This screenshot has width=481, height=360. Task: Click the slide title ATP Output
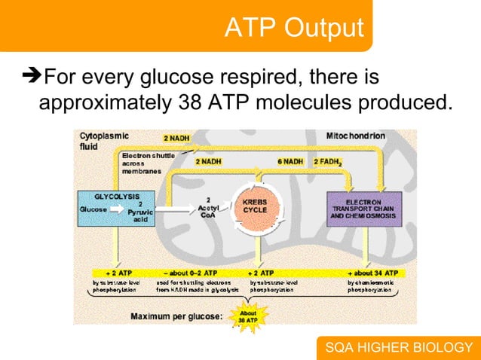point(293,28)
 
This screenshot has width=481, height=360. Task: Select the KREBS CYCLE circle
point(259,205)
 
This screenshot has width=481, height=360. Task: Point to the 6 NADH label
point(290,161)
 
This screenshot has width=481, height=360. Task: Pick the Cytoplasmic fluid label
point(105,141)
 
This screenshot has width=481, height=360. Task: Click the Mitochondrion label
point(355,136)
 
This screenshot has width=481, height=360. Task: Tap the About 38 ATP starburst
point(247,316)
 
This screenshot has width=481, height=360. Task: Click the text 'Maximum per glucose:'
point(176,316)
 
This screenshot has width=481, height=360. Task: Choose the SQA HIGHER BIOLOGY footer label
point(398,347)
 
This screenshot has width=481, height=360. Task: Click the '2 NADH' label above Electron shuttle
point(176,138)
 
